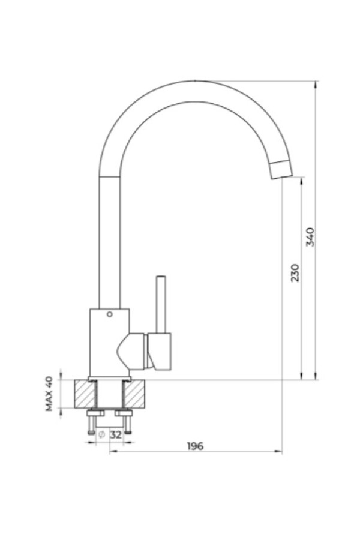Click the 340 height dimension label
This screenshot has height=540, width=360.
point(310,236)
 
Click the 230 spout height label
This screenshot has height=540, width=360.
point(295,273)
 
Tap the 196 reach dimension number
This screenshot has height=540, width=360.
point(196,446)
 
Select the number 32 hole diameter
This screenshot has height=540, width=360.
point(116,434)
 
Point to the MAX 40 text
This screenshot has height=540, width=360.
point(49,394)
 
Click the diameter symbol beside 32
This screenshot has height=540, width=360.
point(101,434)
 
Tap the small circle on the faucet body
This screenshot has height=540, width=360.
point(110,314)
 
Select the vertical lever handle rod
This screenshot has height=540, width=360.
point(161,304)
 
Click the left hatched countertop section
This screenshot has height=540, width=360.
point(85,394)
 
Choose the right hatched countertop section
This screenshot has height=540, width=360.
point(135,394)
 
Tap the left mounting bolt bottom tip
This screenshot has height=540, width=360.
point(91,432)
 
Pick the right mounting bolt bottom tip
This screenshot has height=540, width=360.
point(128,432)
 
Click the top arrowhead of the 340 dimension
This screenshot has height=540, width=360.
point(316,85)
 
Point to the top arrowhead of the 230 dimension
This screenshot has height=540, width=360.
point(302,181)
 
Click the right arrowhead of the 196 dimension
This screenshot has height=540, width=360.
point(278,451)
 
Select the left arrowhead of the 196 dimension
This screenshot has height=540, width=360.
point(113,451)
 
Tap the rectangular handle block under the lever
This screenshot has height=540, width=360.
point(160,352)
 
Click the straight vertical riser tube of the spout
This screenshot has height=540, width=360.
point(110,242)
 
